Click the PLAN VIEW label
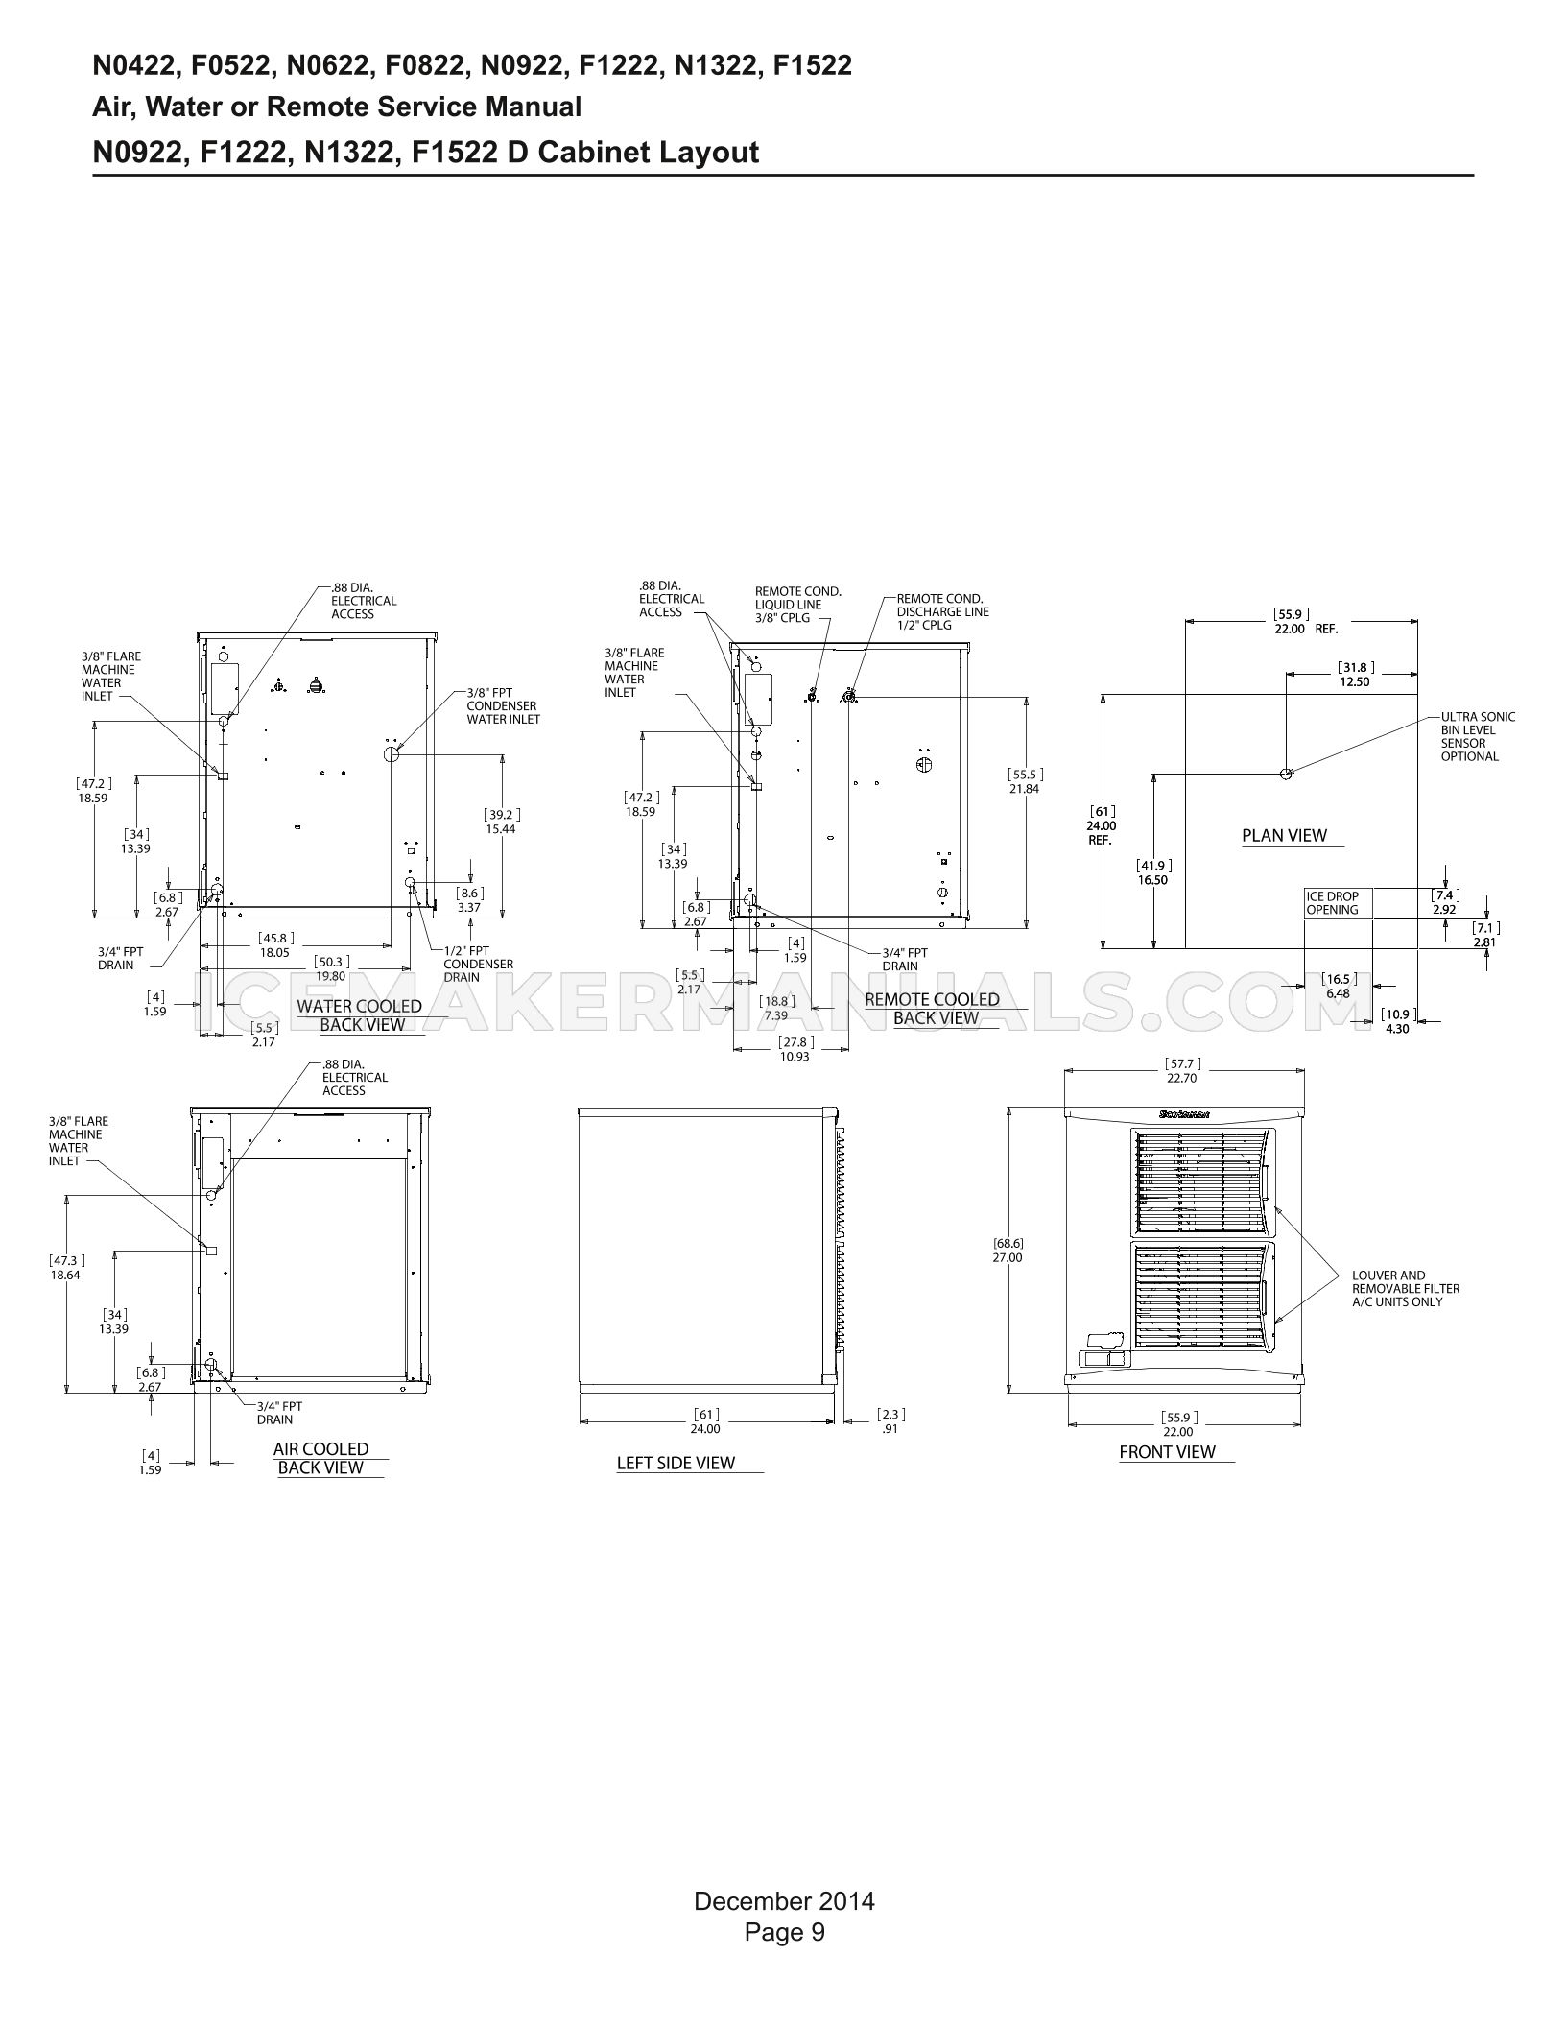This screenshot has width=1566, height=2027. coord(1284,835)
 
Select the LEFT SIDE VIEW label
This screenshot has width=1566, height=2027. coord(676,1463)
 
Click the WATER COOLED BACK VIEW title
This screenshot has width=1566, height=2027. coord(360,1015)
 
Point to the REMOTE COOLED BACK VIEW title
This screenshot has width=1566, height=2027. coord(933,1009)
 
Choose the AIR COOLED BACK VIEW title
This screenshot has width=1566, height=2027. coord(320,1458)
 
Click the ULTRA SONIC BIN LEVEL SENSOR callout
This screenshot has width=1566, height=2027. coord(1478,736)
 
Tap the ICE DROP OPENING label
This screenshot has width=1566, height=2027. coord(1333,903)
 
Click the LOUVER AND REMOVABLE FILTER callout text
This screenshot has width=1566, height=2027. coord(1405,1289)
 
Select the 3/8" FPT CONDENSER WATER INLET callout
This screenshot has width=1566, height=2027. coord(503,705)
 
